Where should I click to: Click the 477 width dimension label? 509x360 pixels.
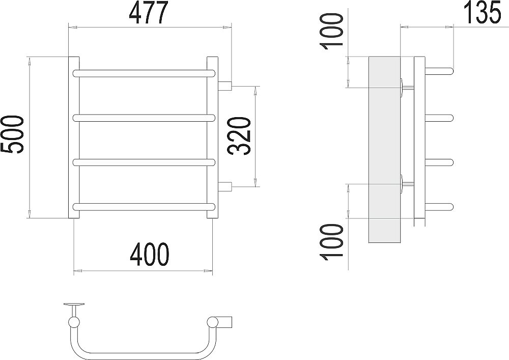[x=149, y=13]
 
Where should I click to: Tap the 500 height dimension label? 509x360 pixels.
[x=12, y=134]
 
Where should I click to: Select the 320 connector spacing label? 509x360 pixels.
[x=240, y=136]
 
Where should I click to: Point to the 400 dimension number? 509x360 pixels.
[x=150, y=254]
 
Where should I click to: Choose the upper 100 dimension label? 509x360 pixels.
[x=332, y=32]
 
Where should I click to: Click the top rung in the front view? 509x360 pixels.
[x=145, y=73]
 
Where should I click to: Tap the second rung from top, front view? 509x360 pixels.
[x=145, y=118]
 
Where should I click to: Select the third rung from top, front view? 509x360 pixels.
[x=145, y=162]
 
